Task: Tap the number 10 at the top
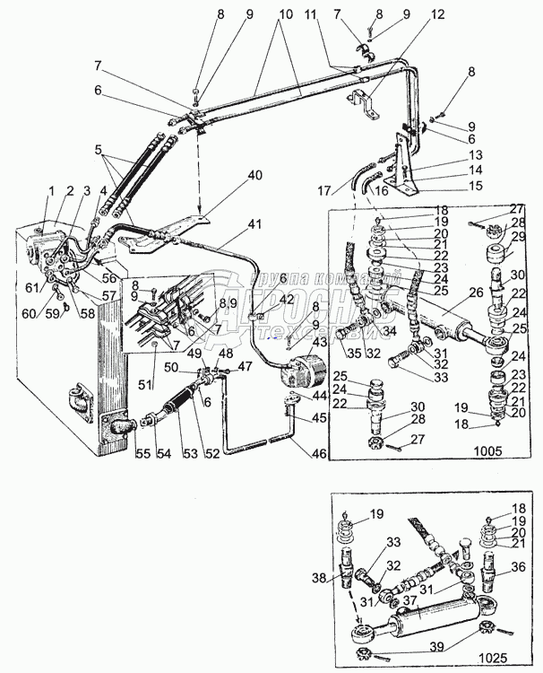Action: tap(286, 16)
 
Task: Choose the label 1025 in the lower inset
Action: tap(513, 658)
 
